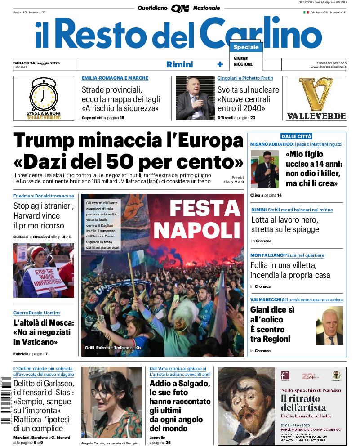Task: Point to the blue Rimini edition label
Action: click(x=179, y=64)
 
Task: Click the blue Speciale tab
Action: click(x=246, y=47)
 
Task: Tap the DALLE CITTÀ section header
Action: click(x=296, y=136)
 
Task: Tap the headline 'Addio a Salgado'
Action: click(x=179, y=384)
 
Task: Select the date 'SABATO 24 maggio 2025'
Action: click(x=37, y=63)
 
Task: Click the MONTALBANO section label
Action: click(x=265, y=255)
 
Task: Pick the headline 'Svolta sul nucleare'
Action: click(x=248, y=89)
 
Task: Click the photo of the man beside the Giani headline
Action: click(x=329, y=326)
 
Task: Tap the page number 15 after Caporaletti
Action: click(x=122, y=118)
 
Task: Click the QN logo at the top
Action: click(x=180, y=8)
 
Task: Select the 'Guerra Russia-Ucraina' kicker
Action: click(x=36, y=313)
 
